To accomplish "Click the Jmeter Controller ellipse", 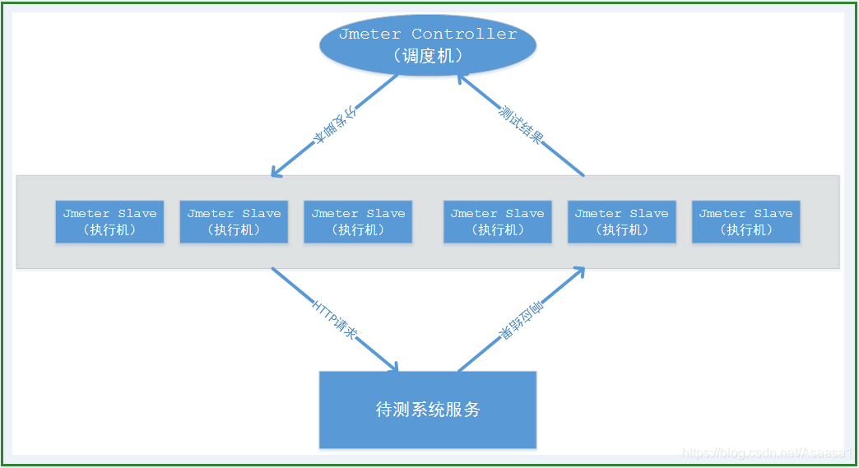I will coord(427,45).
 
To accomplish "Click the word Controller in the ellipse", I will coord(464,34).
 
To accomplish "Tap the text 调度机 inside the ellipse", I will coord(427,56).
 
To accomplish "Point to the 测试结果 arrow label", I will coord(522,124).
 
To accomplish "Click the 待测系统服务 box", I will coord(427,410).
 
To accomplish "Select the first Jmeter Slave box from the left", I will coord(109,221).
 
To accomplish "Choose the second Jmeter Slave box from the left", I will coord(234,221).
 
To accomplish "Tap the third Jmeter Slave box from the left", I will coord(358,221).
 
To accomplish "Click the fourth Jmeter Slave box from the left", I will coord(497,221).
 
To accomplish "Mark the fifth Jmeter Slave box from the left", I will coord(621,221).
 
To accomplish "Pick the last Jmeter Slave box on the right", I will coord(745,221).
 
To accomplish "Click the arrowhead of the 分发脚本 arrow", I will coord(277,172).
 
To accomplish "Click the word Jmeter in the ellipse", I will coord(369,34).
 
